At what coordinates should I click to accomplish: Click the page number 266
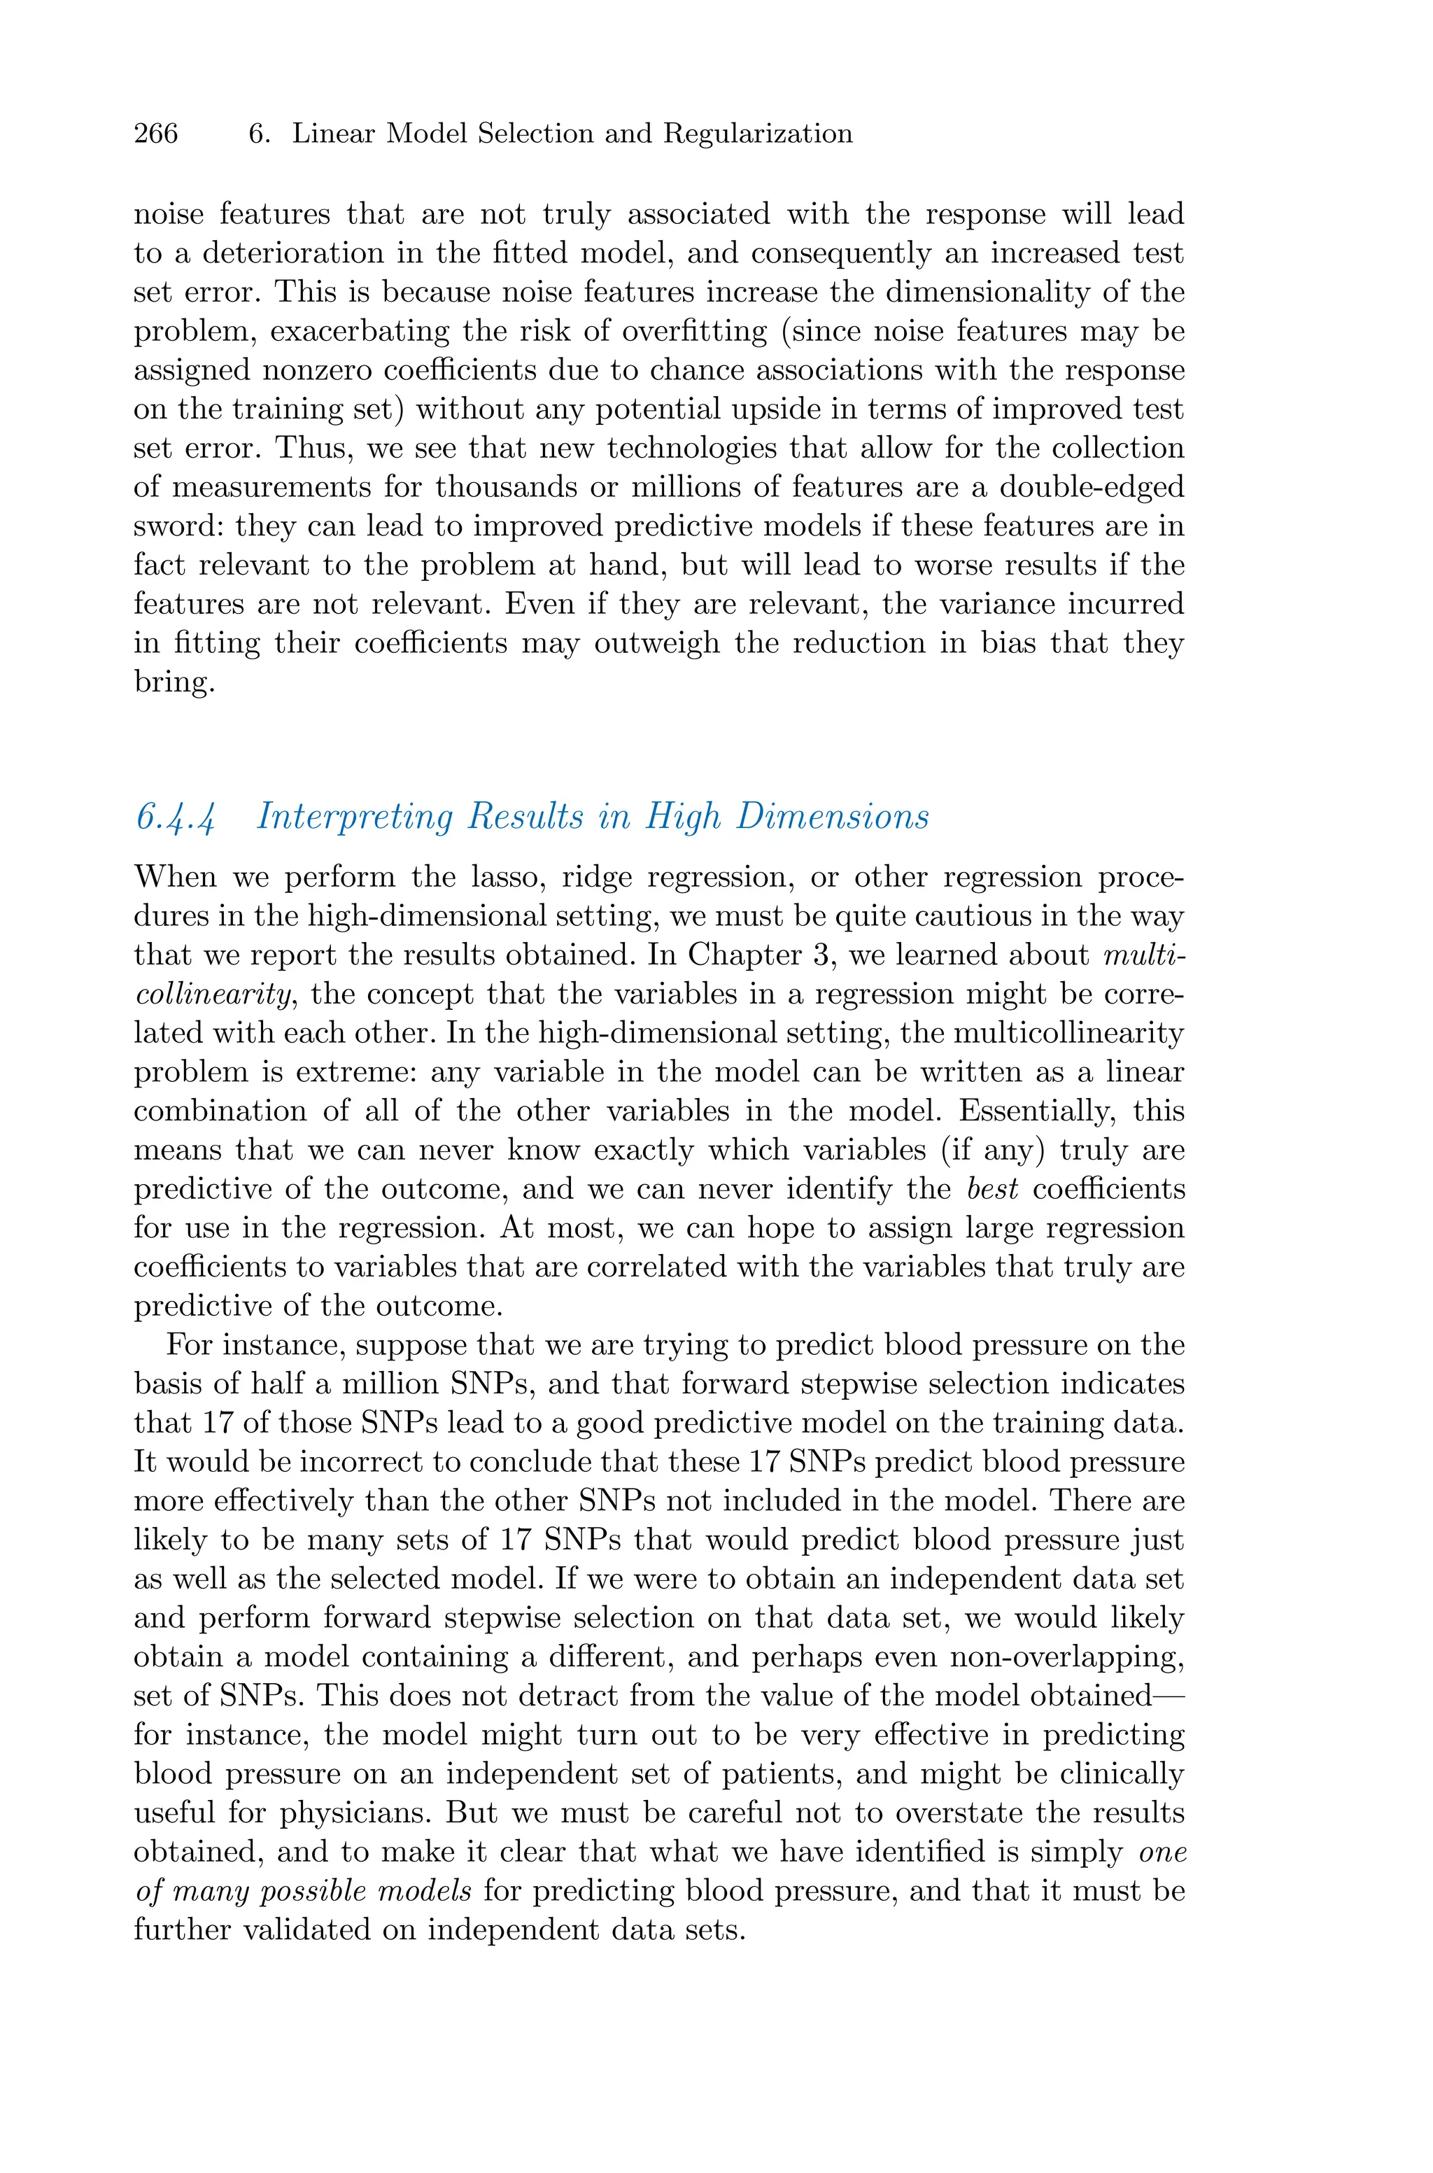click(x=155, y=134)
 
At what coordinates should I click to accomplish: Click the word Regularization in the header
click(x=758, y=134)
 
